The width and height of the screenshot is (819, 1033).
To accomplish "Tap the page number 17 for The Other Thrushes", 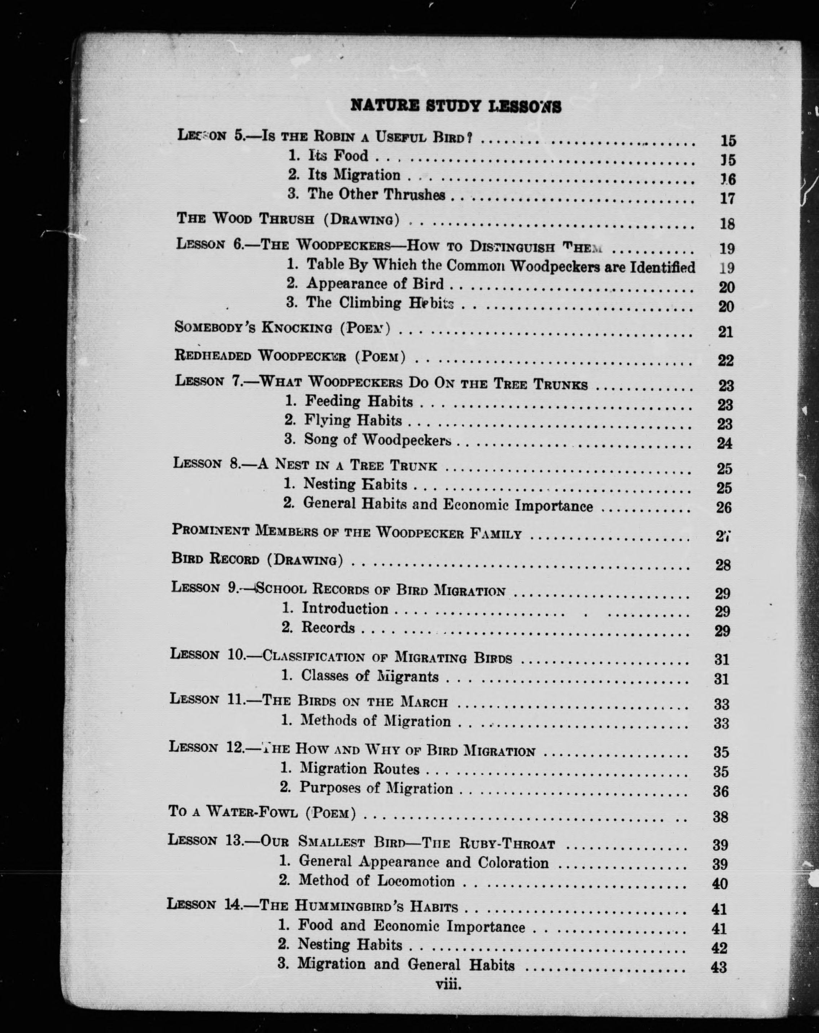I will [x=727, y=198].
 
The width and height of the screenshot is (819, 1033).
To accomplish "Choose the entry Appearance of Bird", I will [x=375, y=284].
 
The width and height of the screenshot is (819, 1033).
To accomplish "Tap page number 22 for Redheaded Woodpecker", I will [x=725, y=360].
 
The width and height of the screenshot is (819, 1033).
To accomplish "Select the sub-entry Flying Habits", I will [x=353, y=421].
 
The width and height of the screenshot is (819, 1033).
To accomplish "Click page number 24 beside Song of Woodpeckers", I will [x=724, y=443].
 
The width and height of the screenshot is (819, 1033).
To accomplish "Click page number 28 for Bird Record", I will [x=723, y=565].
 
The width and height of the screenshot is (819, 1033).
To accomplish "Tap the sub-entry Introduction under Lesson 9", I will [x=345, y=608].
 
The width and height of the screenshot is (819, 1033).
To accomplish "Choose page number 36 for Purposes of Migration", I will [x=721, y=791].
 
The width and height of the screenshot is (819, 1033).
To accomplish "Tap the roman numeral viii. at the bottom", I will [x=448, y=985].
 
